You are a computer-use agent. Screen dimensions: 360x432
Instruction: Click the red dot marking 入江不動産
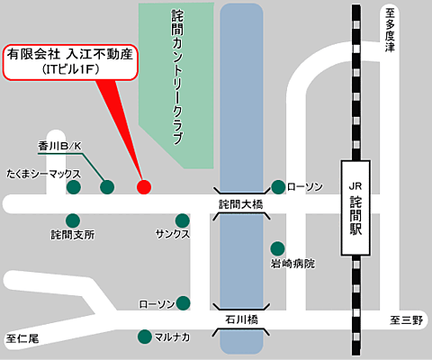click(x=143, y=187)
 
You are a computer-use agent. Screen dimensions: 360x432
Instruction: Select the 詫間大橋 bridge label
click(x=240, y=204)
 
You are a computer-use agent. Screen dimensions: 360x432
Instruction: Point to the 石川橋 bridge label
click(x=240, y=319)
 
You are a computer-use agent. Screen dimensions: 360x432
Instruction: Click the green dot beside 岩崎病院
click(x=277, y=248)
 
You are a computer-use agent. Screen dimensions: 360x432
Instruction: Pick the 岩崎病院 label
click(x=293, y=265)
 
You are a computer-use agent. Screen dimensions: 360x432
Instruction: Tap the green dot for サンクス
click(x=183, y=220)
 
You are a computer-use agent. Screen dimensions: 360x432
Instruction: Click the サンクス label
click(x=173, y=235)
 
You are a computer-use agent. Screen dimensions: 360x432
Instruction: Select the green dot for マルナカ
click(x=144, y=337)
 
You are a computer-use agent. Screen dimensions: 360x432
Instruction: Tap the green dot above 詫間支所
click(x=73, y=220)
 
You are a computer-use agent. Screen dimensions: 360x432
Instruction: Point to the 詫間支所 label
click(x=72, y=235)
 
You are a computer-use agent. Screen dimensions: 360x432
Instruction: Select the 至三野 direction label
click(x=406, y=320)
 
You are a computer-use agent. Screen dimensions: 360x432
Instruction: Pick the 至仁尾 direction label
click(x=22, y=339)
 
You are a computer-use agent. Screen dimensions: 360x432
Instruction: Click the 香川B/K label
click(x=59, y=145)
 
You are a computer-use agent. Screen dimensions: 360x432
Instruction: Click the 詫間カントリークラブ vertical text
click(x=176, y=76)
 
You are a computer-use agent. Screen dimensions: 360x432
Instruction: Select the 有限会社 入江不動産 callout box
click(x=69, y=60)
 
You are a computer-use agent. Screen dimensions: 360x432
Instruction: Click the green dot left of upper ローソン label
click(x=277, y=187)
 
